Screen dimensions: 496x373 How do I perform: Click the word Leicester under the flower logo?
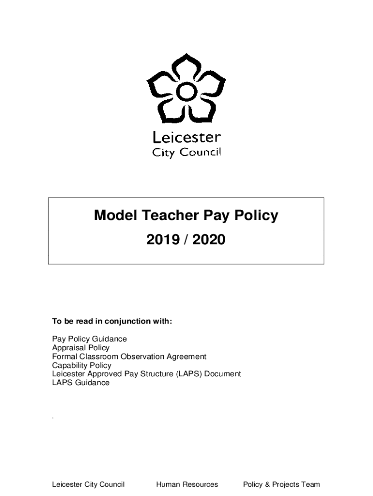point(186,138)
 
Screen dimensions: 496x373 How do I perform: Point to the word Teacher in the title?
point(165,216)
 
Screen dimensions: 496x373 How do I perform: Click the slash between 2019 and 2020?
point(186,239)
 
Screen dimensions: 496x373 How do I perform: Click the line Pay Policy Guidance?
point(90,339)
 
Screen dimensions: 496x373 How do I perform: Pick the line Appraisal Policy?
point(81,348)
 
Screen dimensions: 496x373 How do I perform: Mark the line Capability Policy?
point(82,365)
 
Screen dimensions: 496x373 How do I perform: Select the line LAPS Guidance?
point(81,383)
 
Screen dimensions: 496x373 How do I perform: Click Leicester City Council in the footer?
point(88,484)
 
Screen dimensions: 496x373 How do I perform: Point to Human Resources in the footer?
point(187,484)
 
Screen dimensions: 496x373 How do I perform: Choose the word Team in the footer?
point(311,484)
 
